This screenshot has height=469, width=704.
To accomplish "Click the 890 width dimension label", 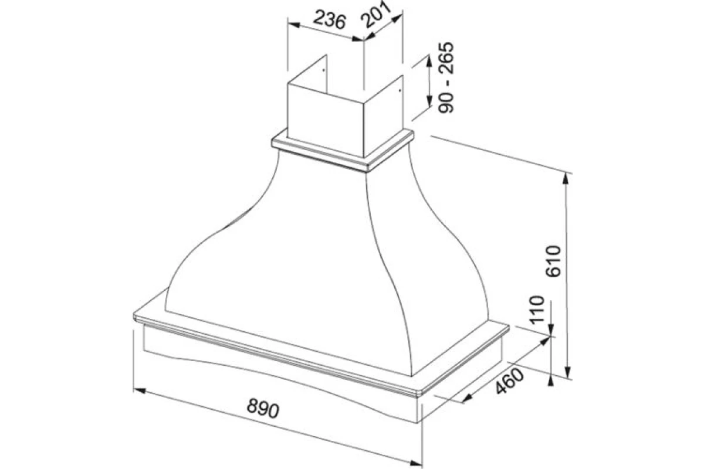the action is click(263, 408).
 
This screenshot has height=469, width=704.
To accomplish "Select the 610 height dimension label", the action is click(553, 261).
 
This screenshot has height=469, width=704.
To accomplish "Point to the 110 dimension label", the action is click(537, 310).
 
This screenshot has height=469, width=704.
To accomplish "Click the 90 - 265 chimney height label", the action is click(446, 77).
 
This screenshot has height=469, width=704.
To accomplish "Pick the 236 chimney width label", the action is click(329, 19).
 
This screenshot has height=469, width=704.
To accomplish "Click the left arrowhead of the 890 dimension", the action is click(139, 390).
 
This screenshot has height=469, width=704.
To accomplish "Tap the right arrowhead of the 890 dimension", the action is click(415, 463).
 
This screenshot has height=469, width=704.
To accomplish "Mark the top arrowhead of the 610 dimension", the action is click(566, 179).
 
